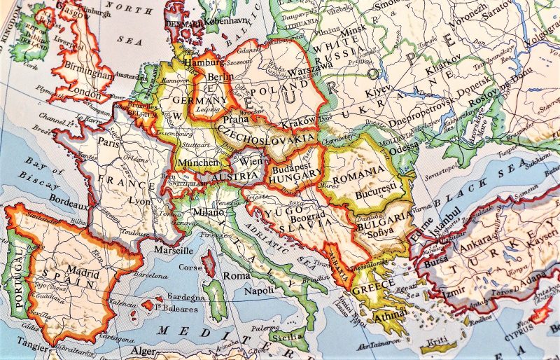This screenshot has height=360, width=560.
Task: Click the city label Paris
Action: pos(108,140)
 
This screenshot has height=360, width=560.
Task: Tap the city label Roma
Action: pos(232,275)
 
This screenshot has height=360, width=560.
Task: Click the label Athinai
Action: pos(379,314)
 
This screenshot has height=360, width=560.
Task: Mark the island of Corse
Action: pos(208,265)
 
